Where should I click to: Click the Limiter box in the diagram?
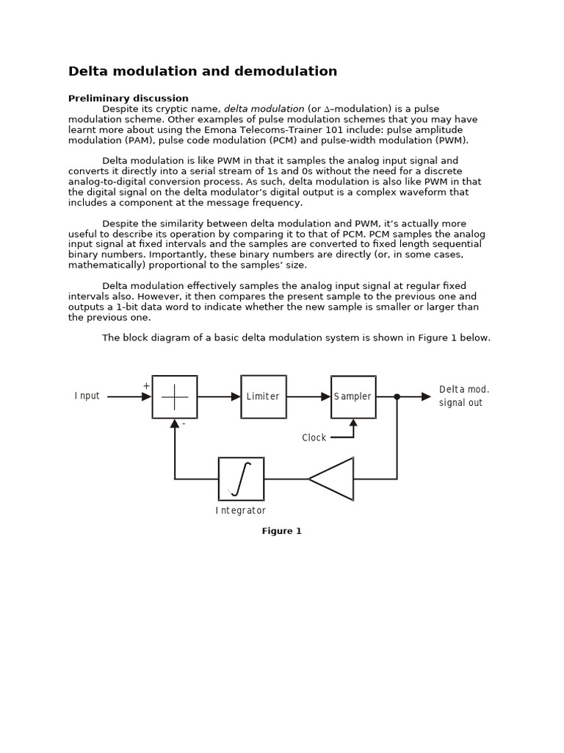(x=263, y=396)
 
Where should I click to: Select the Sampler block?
(x=353, y=396)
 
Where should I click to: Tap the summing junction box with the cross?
(x=175, y=396)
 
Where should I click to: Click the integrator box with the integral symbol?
(x=241, y=479)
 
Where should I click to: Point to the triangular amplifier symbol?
(x=334, y=479)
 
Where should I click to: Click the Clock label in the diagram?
(x=314, y=438)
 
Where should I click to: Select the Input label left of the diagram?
(x=87, y=396)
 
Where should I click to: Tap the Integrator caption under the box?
(x=241, y=510)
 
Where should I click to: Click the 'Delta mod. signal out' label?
(x=463, y=396)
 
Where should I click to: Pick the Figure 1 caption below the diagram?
(x=282, y=531)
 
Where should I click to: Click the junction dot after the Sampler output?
(x=397, y=396)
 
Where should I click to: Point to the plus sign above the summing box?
(x=146, y=385)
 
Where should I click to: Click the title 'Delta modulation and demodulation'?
(x=203, y=71)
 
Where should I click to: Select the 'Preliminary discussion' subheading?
(x=129, y=98)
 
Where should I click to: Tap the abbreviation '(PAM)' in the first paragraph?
(x=133, y=140)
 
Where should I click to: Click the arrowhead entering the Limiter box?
(x=236, y=396)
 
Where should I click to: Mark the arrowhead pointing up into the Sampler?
(x=353, y=423)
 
